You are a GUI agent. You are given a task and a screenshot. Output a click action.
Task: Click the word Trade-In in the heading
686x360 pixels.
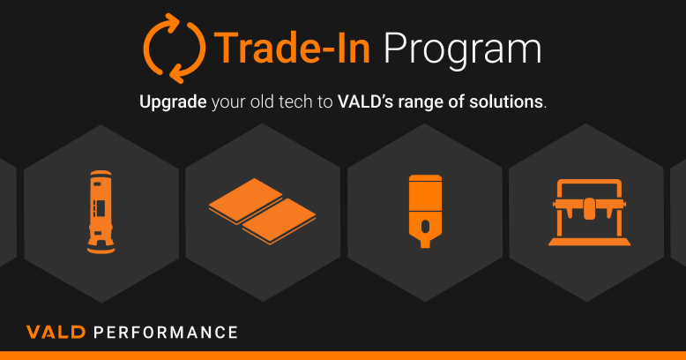(292, 49)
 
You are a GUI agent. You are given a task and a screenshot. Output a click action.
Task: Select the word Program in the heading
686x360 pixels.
(462, 51)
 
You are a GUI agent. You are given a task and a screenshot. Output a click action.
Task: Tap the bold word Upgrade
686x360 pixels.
(173, 102)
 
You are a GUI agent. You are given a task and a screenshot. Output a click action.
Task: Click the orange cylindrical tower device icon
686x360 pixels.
(101, 212)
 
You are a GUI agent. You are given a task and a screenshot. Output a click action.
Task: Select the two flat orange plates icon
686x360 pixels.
(262, 211)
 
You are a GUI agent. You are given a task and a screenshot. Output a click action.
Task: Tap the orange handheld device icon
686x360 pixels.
(425, 211)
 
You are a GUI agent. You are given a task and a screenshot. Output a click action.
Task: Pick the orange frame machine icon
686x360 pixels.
(589, 212)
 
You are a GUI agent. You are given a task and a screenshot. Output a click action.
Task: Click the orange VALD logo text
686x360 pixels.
(56, 332)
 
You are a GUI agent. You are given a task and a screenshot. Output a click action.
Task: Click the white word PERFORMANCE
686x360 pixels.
(166, 332)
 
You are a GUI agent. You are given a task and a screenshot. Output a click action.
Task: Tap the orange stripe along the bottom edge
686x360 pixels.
(343, 356)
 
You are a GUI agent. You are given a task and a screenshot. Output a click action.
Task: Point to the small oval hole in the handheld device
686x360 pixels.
(425, 227)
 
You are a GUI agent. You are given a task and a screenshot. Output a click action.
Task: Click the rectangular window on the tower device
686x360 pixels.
(101, 208)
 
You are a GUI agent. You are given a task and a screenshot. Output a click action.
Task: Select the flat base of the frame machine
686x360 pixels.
(589, 242)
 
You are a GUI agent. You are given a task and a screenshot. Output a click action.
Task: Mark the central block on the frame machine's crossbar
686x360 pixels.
(589, 208)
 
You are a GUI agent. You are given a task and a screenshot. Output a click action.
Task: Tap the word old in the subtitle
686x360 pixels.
(262, 101)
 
